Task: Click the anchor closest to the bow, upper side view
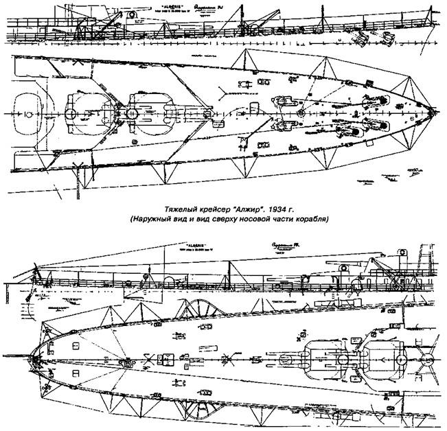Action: point(360,40)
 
